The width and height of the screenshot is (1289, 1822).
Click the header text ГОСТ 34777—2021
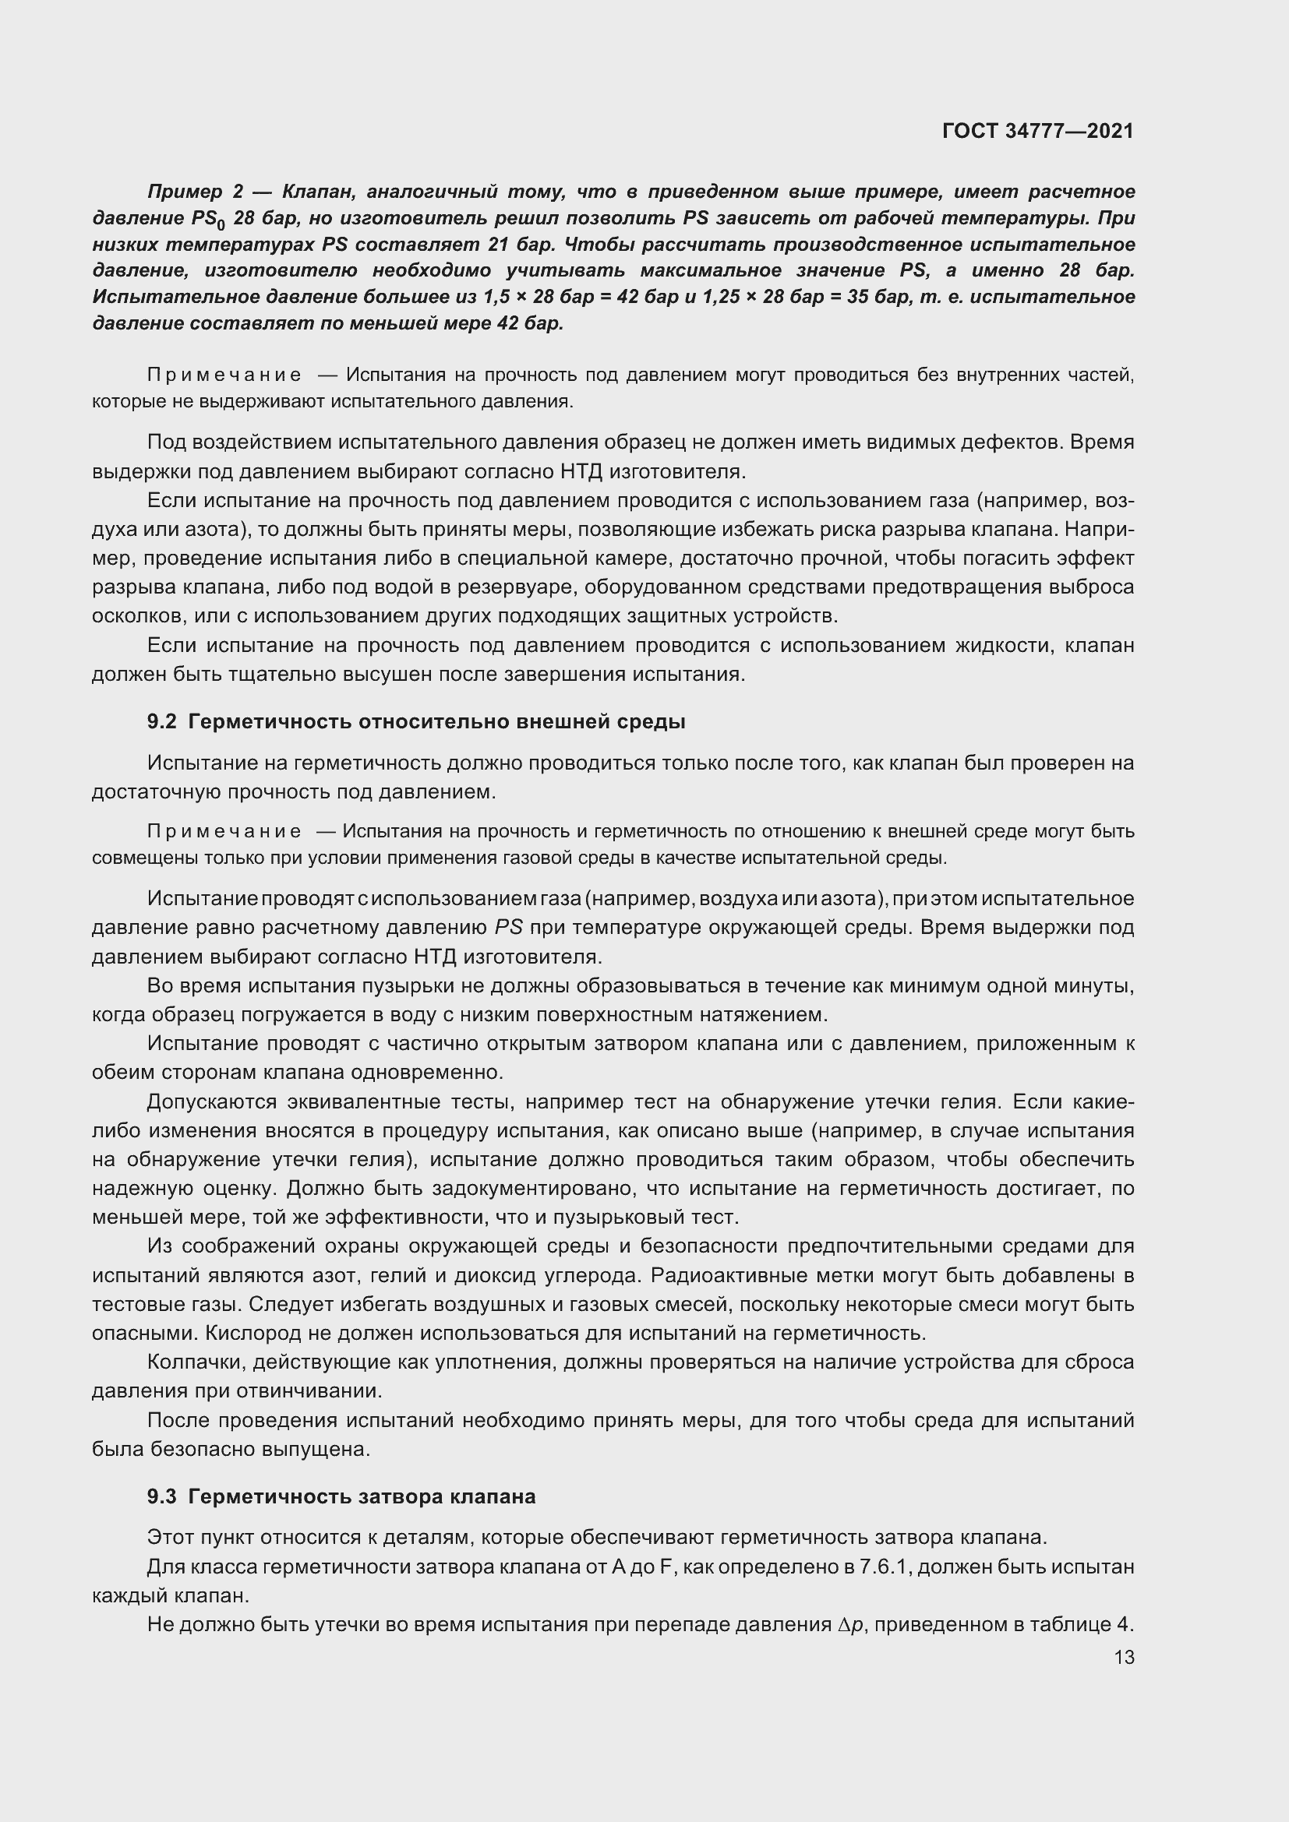coord(1037,131)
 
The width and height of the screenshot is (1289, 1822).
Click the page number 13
coord(1124,1658)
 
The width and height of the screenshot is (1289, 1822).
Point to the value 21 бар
coord(517,244)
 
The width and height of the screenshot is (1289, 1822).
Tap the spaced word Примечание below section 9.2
coord(224,832)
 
